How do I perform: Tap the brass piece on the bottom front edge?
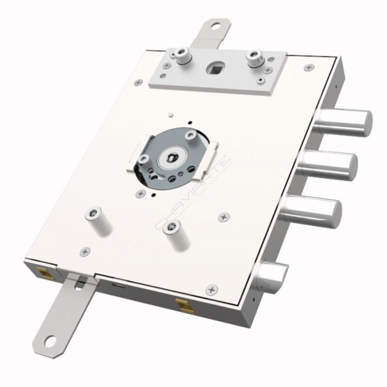tap(182, 306)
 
